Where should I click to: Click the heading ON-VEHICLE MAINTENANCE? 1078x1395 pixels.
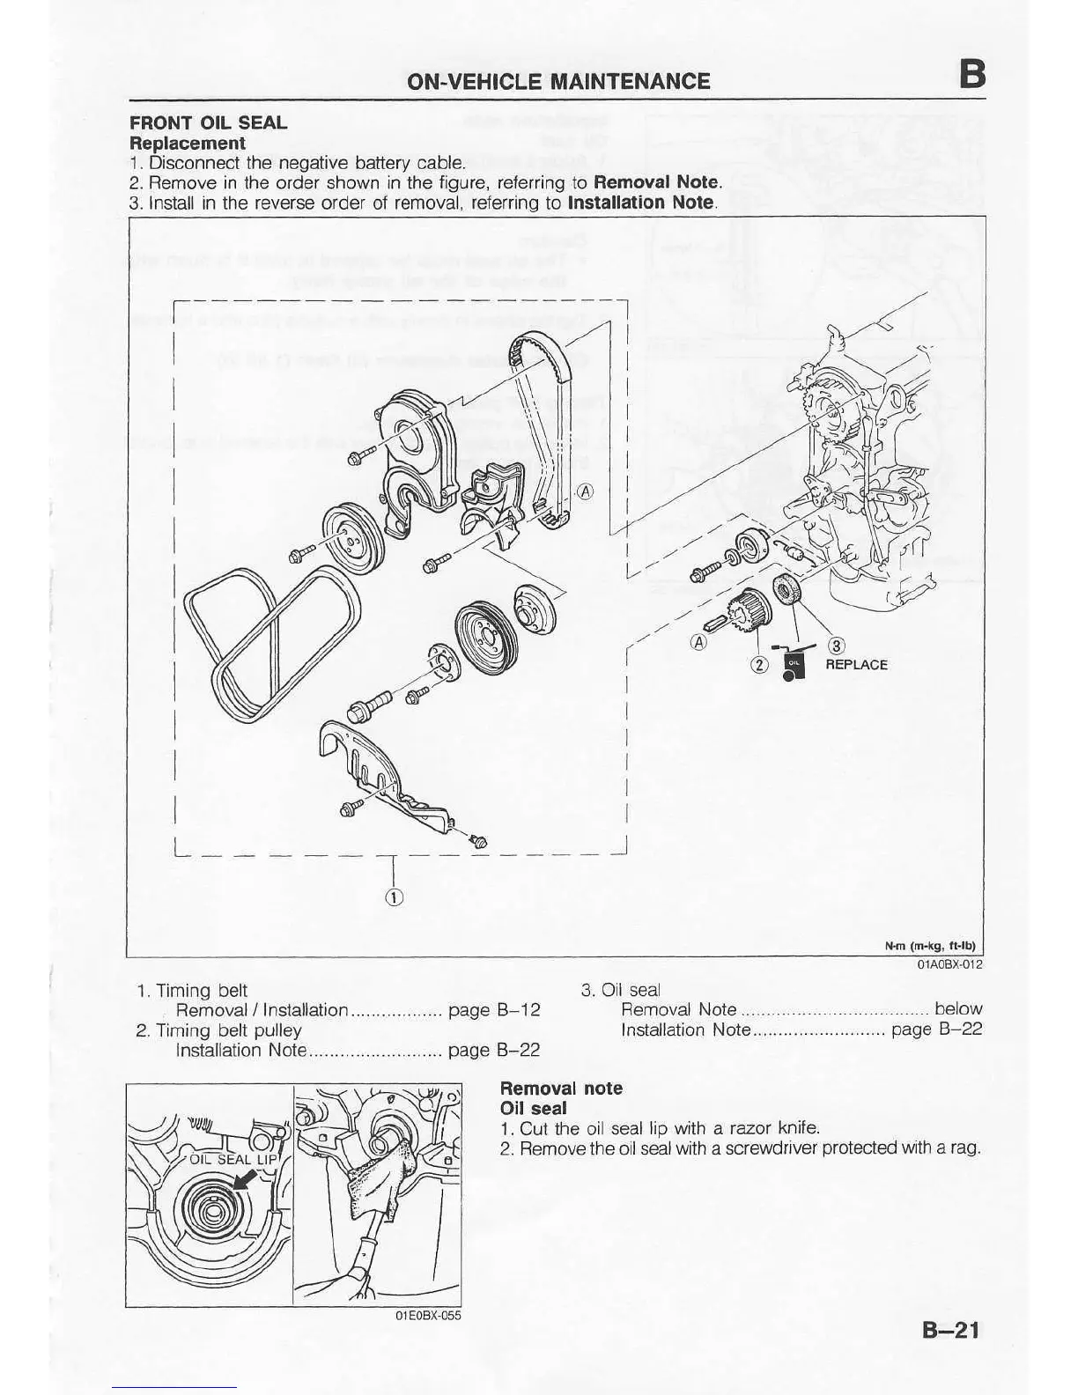click(x=557, y=82)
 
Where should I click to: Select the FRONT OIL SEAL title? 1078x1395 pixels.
click(x=208, y=122)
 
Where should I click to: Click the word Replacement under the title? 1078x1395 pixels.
click(x=187, y=143)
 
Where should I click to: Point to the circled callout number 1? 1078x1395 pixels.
click(x=394, y=897)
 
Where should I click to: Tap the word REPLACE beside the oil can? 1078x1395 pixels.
click(x=856, y=665)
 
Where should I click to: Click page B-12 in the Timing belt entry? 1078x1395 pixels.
click(x=494, y=1010)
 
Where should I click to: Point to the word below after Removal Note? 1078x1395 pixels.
click(x=958, y=1009)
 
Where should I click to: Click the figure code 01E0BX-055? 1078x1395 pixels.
click(x=428, y=1316)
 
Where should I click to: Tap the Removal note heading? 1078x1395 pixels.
click(x=561, y=1089)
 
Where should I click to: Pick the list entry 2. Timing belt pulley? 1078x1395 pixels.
click(x=219, y=1030)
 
